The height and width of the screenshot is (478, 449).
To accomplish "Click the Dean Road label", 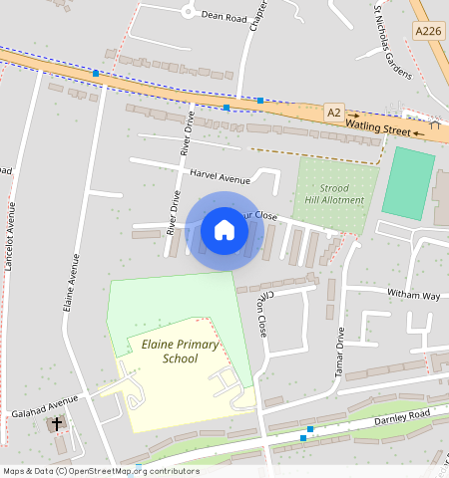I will pyautogui.click(x=224, y=16).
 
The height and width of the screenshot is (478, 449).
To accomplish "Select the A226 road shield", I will pyautogui.click(x=427, y=33).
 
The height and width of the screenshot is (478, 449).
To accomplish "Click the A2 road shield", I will pyautogui.click(x=333, y=113).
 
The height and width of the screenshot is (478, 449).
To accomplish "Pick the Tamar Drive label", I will pyautogui.click(x=339, y=349).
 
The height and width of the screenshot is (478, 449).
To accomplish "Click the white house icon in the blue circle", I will pyautogui.click(x=224, y=230).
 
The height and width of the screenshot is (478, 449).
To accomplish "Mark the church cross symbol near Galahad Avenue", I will pyautogui.click(x=57, y=424).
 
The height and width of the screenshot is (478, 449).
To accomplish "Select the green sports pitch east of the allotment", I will pyautogui.click(x=408, y=184).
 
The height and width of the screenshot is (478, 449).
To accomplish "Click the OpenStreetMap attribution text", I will pyautogui.click(x=100, y=471).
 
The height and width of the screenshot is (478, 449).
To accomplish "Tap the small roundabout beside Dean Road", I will pyautogui.click(x=188, y=12).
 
